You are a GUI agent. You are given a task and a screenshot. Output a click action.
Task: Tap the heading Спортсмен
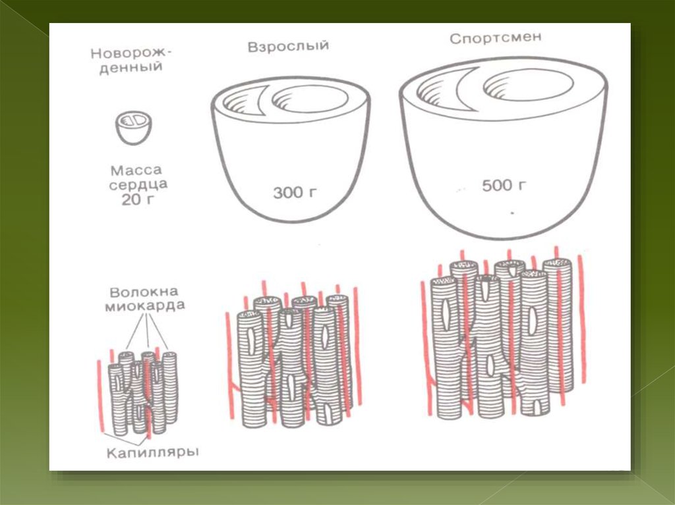click(496, 38)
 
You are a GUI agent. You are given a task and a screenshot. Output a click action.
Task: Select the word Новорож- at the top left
click(131, 53)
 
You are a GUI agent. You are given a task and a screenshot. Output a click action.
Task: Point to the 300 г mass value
click(295, 192)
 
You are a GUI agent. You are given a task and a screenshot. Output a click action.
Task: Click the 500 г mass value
click(504, 186)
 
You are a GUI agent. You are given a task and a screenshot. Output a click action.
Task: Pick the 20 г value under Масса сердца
click(138, 199)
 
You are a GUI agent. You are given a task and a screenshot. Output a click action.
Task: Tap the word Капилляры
click(152, 452)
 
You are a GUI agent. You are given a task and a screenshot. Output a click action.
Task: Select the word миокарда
click(145, 306)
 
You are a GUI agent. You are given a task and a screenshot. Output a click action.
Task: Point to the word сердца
click(138, 185)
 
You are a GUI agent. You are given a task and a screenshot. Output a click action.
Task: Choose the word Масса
click(136, 171)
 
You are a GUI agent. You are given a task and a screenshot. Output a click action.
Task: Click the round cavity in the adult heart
click(310, 99)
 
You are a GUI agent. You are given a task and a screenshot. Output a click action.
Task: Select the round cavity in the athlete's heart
click(528, 84)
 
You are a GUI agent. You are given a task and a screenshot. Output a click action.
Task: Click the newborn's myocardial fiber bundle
click(142, 392)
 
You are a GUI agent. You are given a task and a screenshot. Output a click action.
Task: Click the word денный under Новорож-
click(131, 68)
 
